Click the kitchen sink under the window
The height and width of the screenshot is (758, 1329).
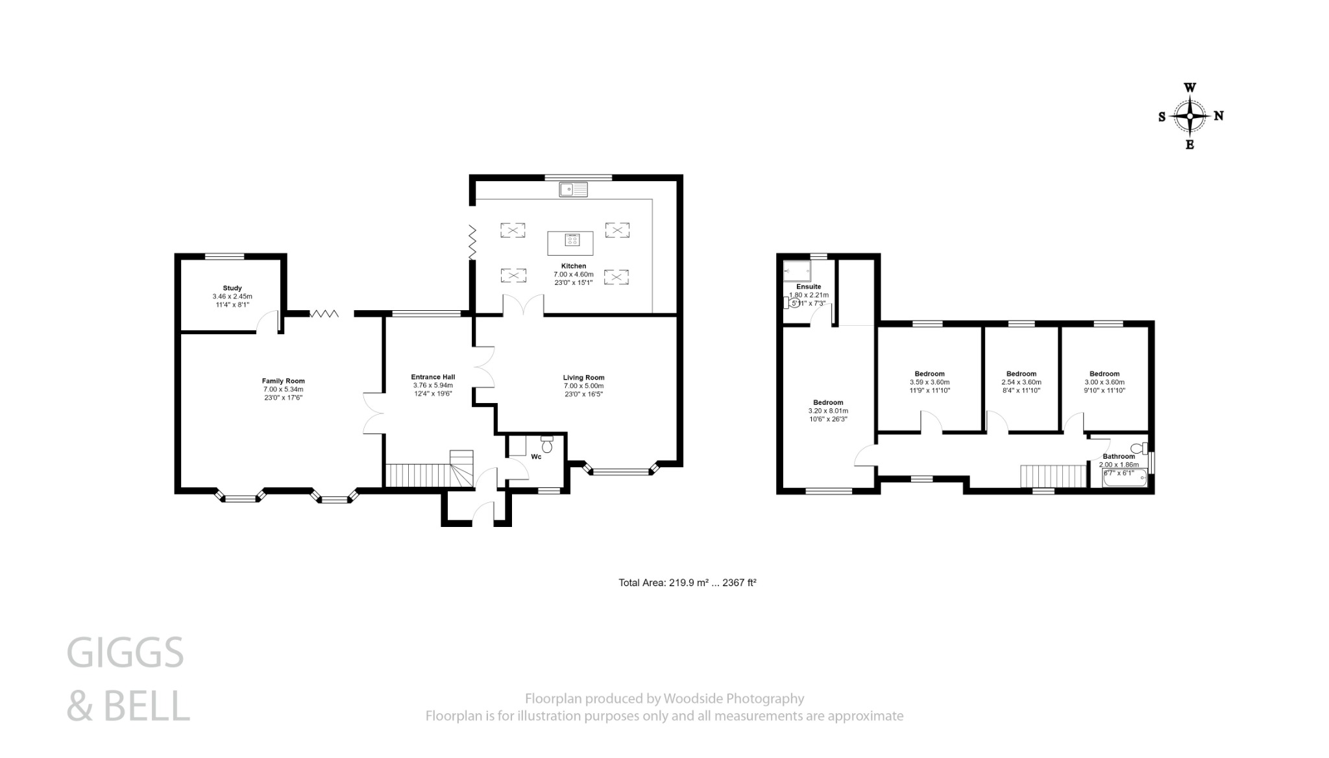[574, 189]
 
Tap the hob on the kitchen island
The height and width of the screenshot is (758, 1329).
[572, 241]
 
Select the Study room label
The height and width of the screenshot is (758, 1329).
[232, 288]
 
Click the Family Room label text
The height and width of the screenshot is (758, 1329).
[283, 381]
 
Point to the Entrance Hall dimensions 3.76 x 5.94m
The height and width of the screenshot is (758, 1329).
[433, 385]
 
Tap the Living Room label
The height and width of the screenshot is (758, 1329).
[583, 377]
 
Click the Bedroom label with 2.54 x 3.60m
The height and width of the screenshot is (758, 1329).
[1021, 374]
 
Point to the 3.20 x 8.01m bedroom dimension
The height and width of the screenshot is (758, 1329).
[828, 411]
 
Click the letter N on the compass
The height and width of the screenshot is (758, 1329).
[1219, 116]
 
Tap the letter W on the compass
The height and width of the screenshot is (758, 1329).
[1190, 88]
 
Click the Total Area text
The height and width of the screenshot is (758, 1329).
[687, 583]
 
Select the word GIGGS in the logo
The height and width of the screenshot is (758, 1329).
[125, 653]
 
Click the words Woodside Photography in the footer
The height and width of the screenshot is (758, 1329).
[733, 699]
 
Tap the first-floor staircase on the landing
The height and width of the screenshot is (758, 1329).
[1053, 476]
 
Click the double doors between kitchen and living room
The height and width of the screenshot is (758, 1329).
[523, 305]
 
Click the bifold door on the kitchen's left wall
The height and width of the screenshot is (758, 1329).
[472, 243]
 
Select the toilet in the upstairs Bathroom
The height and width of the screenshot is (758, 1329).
[1138, 448]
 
